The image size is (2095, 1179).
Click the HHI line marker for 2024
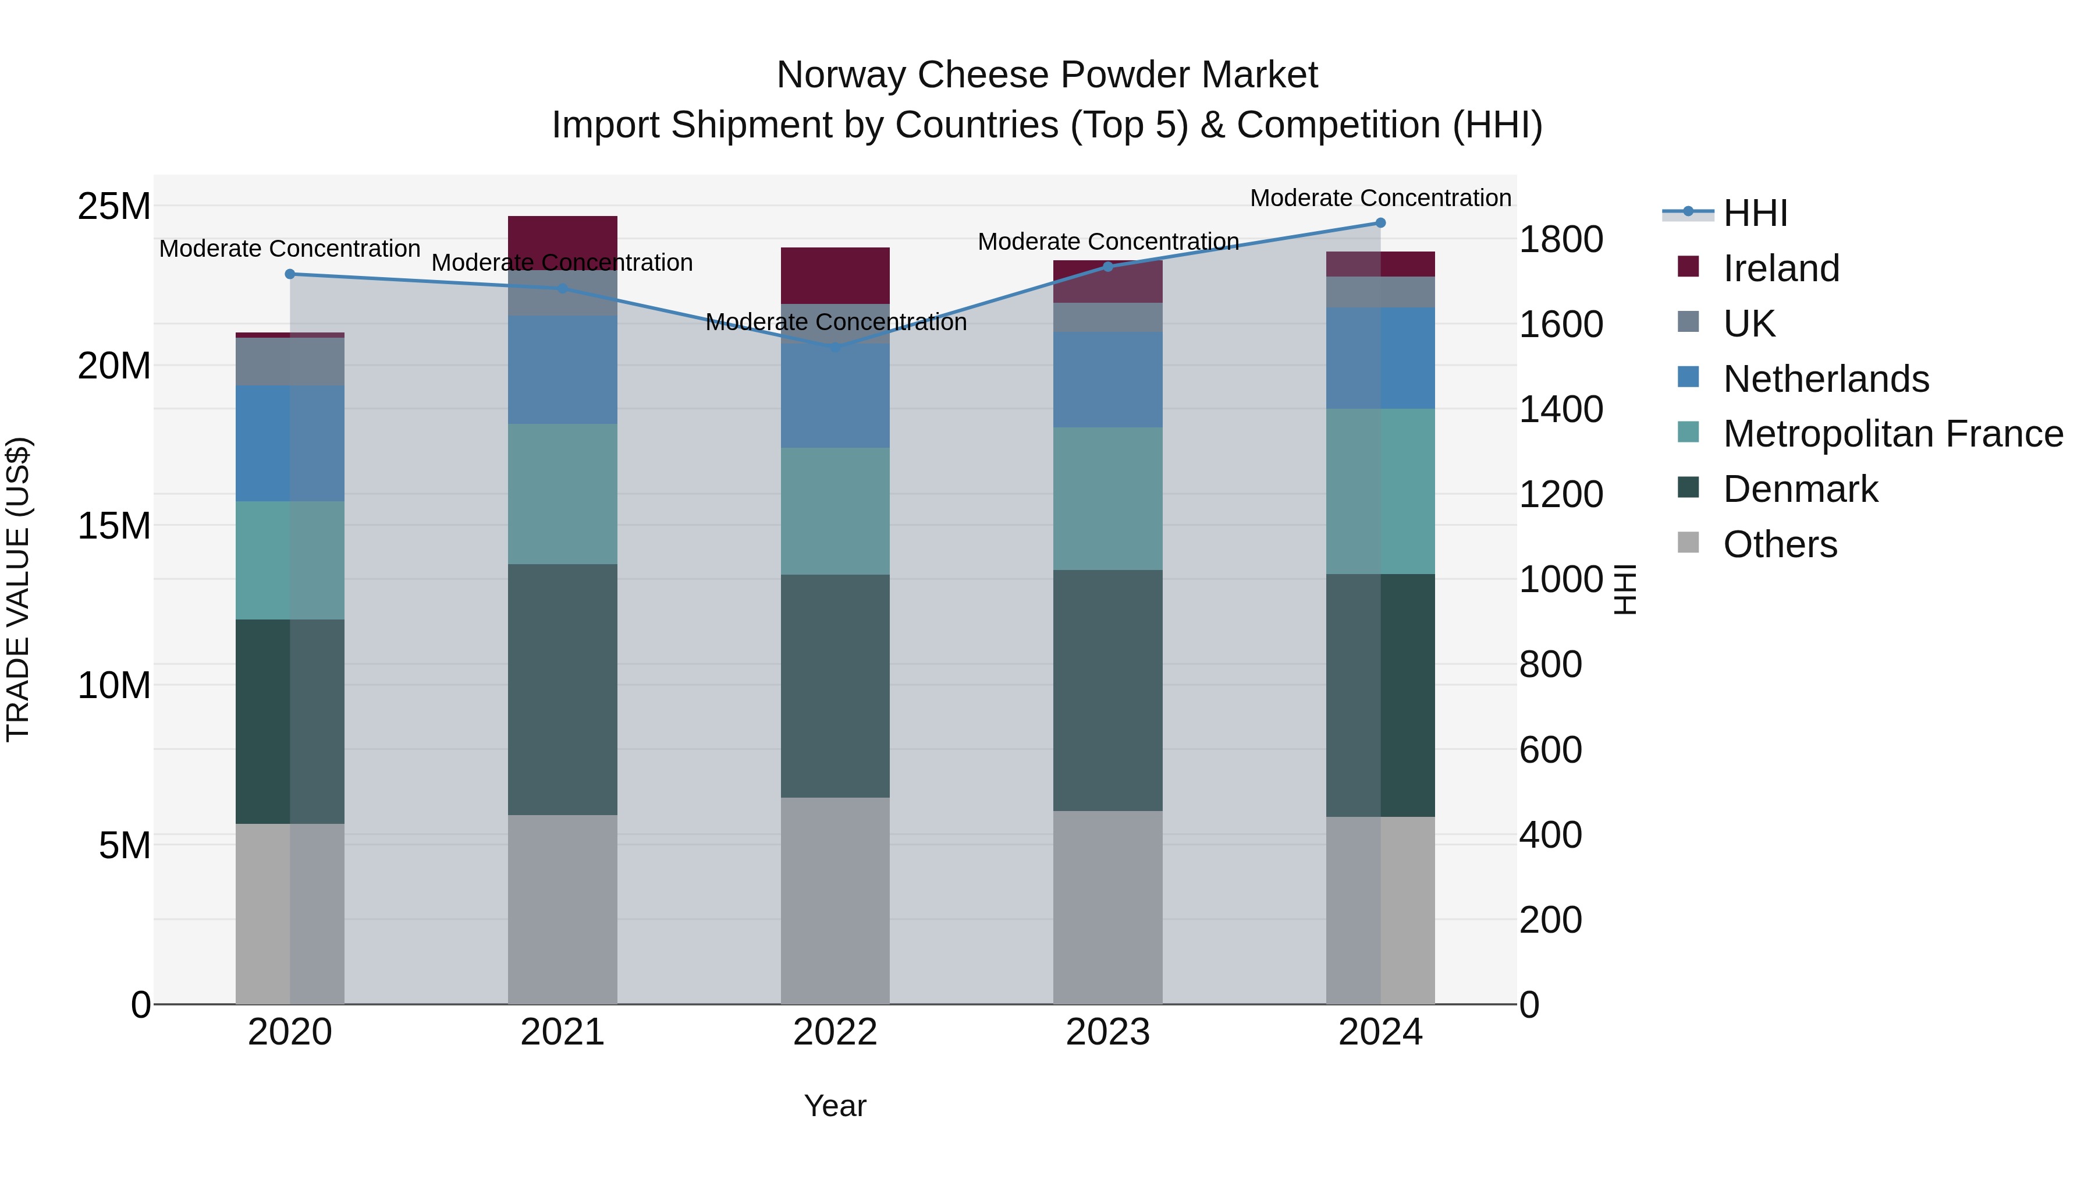[1380, 223]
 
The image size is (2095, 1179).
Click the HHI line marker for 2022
[835, 348]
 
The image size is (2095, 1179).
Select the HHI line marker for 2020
[290, 274]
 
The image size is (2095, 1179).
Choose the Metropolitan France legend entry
[1892, 434]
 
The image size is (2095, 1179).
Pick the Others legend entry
[1780, 544]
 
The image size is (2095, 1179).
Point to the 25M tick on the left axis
[114, 206]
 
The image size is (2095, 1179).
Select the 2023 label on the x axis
[1107, 1032]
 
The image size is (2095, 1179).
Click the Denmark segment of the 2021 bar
[562, 689]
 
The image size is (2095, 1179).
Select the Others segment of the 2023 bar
[1107, 907]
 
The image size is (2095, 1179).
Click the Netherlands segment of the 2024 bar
[1380, 358]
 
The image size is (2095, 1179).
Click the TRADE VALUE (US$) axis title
[18, 589]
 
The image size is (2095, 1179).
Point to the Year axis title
[835, 1106]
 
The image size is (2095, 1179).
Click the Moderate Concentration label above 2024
[1380, 198]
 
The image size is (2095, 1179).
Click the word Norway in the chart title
[841, 75]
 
